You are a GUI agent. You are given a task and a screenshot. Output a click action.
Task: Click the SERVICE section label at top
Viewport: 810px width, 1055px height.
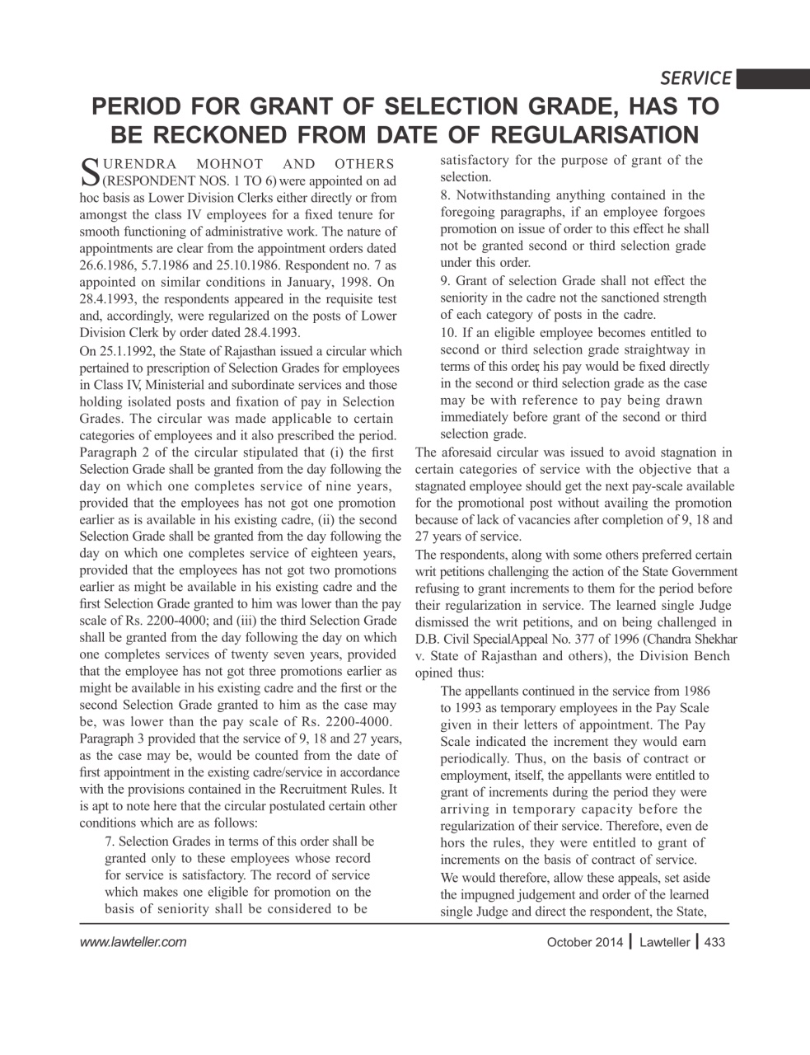point(695,78)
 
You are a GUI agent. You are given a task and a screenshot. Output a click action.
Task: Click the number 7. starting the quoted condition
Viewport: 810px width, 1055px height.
point(111,842)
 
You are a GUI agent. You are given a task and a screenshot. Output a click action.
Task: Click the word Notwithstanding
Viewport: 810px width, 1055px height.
point(508,195)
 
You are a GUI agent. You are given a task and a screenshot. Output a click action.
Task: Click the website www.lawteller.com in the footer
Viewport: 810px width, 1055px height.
point(133,942)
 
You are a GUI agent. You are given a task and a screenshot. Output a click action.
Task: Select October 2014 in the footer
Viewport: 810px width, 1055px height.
point(579,943)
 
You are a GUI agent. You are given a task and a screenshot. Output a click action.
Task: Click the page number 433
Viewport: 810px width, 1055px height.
point(714,943)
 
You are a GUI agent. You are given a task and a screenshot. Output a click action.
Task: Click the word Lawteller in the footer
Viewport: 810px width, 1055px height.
point(664,943)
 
